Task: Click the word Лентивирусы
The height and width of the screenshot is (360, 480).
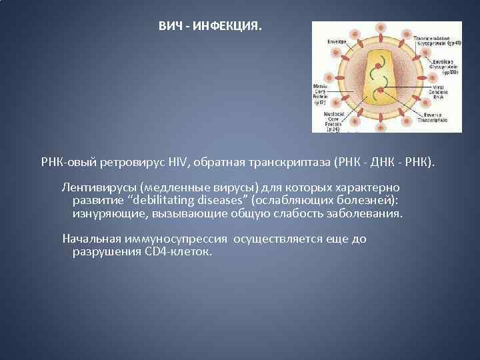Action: pyautogui.click(x=99, y=187)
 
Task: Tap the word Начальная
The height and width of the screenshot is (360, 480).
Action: pyautogui.click(x=91, y=239)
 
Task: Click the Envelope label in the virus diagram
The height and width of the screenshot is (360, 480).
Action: pyautogui.click(x=335, y=41)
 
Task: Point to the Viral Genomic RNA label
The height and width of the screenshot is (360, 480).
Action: pyautogui.click(x=437, y=91)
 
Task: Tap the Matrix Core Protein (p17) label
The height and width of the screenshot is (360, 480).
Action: pyautogui.click(x=323, y=94)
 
